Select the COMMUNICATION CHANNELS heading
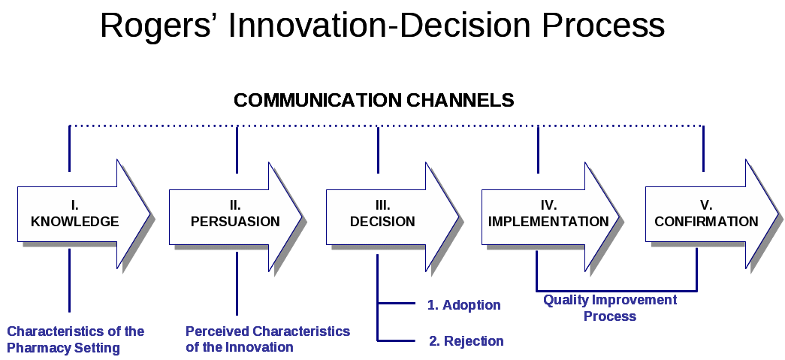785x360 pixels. click(x=374, y=100)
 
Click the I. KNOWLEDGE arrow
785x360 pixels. click(x=75, y=214)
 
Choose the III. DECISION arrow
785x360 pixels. click(x=382, y=214)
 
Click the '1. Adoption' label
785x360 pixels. click(x=463, y=305)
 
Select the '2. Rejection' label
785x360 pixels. click(x=466, y=341)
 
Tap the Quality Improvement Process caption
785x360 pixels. click(x=610, y=308)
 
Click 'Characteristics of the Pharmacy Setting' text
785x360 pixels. click(x=75, y=339)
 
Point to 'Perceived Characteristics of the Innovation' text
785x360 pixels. click(x=267, y=339)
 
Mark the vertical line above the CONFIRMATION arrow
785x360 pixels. click(x=703, y=148)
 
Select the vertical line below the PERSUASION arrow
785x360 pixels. click(x=237, y=283)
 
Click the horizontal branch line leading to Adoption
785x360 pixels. click(x=396, y=304)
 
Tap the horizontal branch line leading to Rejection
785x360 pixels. click(x=396, y=341)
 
